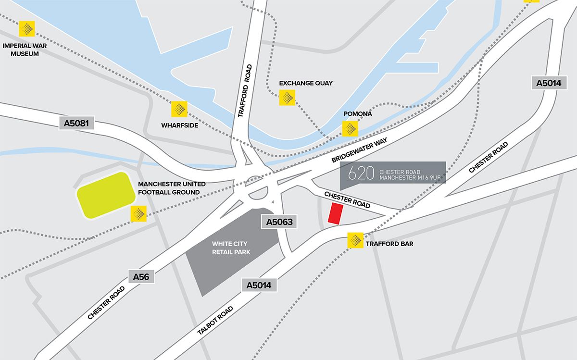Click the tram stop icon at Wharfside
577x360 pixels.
[179, 109]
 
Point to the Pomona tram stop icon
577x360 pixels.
[350, 128]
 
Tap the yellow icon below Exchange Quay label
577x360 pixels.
[287, 98]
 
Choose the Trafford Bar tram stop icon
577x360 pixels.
[355, 240]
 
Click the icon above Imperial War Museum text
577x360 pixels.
[26, 29]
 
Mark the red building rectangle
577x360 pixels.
[335, 213]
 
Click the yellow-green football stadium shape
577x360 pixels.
[106, 196]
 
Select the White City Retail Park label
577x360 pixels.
[232, 248]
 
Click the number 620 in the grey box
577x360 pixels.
[361, 174]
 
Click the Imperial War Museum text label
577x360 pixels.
[21, 50]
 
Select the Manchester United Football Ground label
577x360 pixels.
[172, 188]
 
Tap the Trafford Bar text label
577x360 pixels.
[389, 244]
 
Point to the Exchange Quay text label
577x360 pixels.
[306, 83]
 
